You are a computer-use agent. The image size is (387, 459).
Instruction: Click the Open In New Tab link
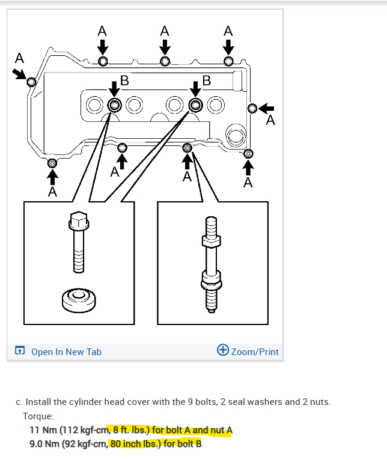pos(66,351)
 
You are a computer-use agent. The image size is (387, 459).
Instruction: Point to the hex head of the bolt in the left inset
pos(79,221)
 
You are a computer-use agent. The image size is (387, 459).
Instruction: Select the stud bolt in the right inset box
pos(211,264)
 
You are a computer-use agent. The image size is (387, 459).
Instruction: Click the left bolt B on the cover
pos(114,105)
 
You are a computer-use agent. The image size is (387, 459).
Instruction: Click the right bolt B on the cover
pos(195,105)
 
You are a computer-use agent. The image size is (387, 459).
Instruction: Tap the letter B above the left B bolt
pos(124,80)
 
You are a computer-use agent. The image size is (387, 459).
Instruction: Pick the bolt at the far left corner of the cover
pos(31,82)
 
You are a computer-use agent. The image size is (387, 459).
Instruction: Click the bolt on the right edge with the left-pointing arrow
pos(253,108)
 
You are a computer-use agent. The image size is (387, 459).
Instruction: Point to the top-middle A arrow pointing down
pos(165,46)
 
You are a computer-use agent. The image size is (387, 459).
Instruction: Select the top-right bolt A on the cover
pos(228,61)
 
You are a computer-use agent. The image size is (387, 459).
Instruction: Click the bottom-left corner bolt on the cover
pos(53,163)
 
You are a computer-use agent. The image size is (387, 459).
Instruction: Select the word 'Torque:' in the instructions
pos(38,416)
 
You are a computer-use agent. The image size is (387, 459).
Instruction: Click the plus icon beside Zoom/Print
pos(223,351)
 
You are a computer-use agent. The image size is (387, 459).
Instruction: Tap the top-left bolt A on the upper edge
pos(103,61)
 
